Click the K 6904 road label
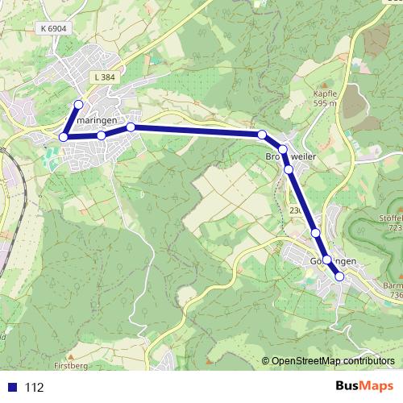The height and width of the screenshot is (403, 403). tap(52, 27)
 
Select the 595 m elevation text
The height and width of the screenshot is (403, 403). tap(325, 103)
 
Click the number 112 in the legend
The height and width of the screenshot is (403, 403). tap(34, 388)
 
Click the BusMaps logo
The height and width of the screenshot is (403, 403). tap(364, 387)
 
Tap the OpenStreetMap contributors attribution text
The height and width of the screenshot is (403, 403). tap(333, 360)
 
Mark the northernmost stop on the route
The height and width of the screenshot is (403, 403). tap(79, 104)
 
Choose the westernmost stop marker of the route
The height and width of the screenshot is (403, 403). tap(64, 137)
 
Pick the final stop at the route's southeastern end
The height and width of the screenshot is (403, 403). tap(339, 276)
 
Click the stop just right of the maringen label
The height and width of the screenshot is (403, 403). tap(131, 127)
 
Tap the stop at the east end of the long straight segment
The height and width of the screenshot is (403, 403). tap(262, 134)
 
